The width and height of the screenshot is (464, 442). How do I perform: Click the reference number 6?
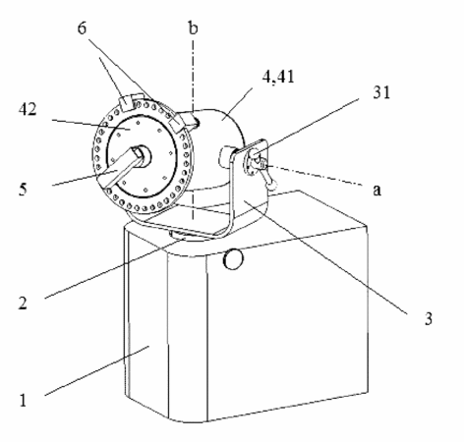[x=82, y=28]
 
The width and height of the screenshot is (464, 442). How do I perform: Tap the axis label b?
[x=194, y=28]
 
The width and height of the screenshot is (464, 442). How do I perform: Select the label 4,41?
[x=278, y=77]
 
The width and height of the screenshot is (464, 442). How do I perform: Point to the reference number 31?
[x=381, y=92]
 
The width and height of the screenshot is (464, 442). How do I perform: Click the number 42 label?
[x=28, y=109]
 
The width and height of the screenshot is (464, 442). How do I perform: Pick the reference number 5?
[x=23, y=190]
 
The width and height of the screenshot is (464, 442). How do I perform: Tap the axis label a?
[x=377, y=190]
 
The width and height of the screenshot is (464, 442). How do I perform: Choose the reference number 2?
[x=23, y=303]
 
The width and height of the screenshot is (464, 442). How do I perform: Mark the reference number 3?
[x=429, y=318]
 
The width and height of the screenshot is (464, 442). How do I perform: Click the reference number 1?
[x=23, y=400]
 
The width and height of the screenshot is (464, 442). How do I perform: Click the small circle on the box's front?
[x=233, y=259]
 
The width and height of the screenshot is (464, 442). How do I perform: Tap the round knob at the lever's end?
[x=272, y=186]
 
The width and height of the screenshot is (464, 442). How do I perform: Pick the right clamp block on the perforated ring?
[x=176, y=124]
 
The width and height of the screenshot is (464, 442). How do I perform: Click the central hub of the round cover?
[x=144, y=155]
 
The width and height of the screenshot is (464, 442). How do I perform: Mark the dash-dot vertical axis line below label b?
[x=193, y=130]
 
